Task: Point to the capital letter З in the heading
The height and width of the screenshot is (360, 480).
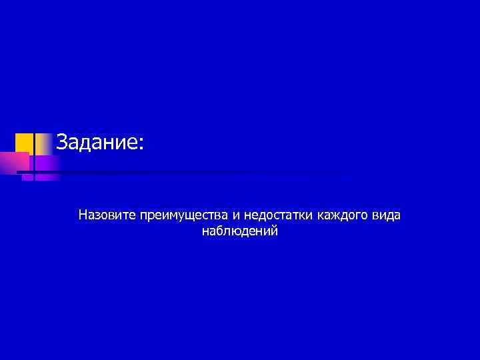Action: pos(61,142)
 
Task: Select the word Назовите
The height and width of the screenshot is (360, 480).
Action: pos(107,215)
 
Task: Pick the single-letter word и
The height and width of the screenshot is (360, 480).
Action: pos(237,216)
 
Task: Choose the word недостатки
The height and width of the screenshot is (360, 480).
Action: pos(279,215)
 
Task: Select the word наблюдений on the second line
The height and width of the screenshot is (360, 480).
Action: pos(239,231)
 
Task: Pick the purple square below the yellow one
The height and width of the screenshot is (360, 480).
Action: pos(44,163)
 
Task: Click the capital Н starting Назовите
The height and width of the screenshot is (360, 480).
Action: pos(83,215)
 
